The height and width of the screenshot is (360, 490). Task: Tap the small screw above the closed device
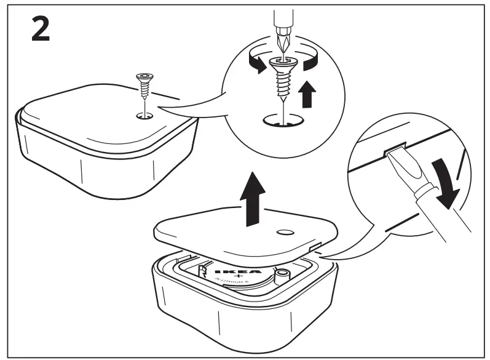[144, 86]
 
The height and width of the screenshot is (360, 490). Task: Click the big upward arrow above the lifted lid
[253, 196]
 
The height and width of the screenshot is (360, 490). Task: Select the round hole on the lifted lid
[285, 233]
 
